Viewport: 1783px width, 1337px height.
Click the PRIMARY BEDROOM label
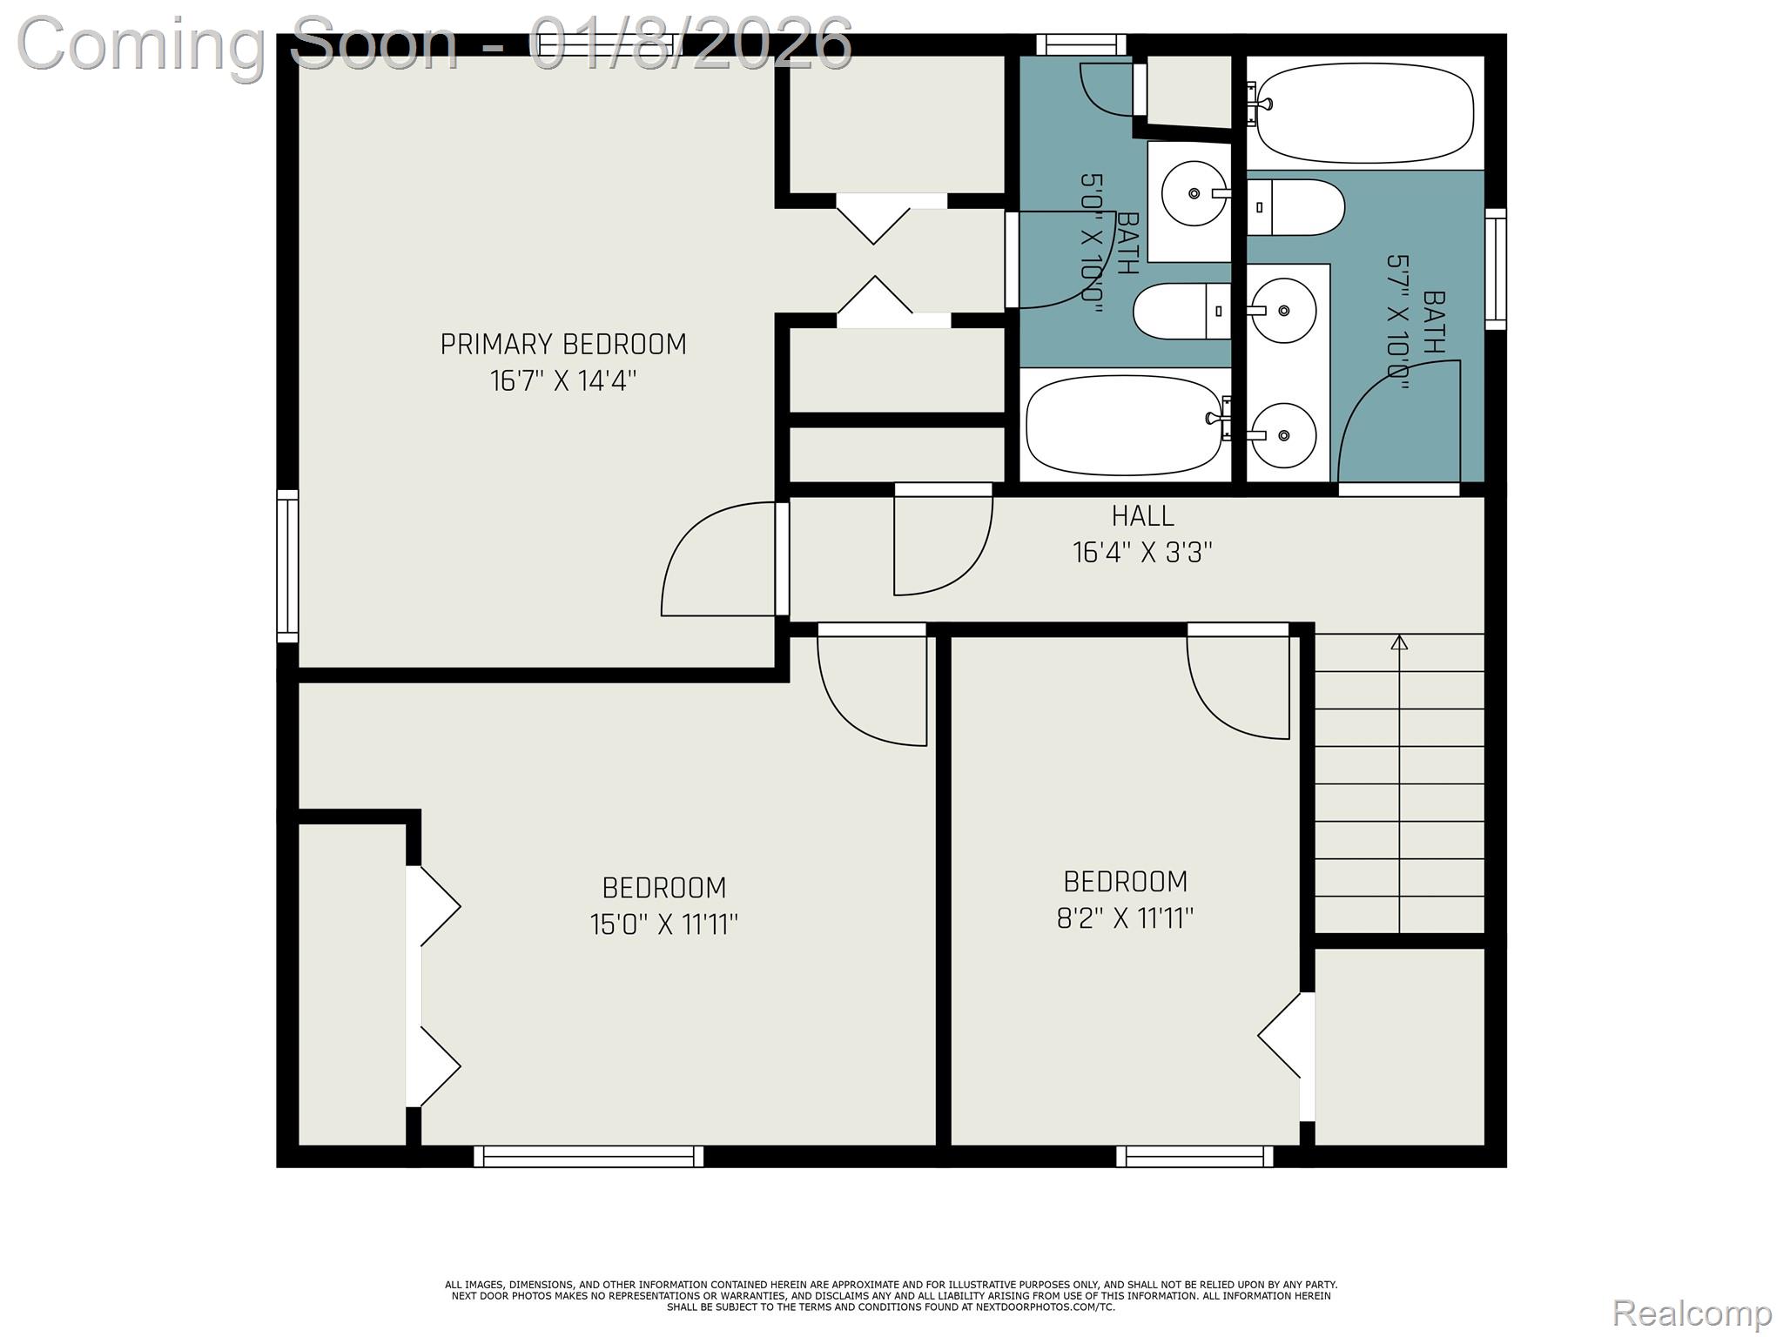(x=563, y=345)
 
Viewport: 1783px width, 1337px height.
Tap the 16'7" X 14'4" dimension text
(x=563, y=381)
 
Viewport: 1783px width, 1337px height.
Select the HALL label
(x=1142, y=516)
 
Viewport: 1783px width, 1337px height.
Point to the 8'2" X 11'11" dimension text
(x=1125, y=918)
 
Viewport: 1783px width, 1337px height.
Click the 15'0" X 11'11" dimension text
(x=664, y=924)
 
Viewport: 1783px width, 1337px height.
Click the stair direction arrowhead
(x=1399, y=642)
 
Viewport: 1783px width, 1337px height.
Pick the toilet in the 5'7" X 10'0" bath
(x=1296, y=207)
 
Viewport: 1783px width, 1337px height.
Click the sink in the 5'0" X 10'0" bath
(x=1195, y=194)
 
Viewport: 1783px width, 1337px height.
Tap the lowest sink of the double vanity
(x=1282, y=435)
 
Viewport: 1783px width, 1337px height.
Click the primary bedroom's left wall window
(x=287, y=567)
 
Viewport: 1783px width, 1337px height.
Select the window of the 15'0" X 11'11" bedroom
(x=589, y=1156)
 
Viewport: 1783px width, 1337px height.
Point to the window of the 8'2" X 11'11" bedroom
(x=1194, y=1156)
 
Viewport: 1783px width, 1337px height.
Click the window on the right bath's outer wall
(x=1496, y=269)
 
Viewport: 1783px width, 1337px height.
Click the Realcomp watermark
(x=1692, y=1313)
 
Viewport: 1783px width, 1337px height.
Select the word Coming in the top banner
(x=142, y=44)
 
